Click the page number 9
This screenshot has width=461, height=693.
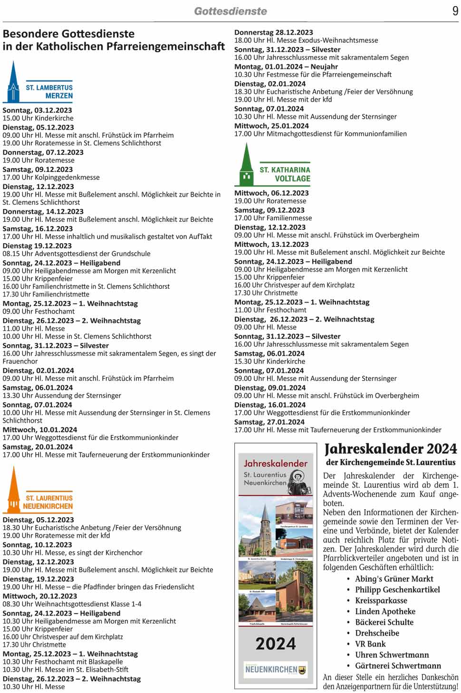[455, 11]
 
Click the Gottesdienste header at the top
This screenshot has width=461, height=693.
[230, 11]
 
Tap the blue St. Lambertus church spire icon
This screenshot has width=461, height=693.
[13, 82]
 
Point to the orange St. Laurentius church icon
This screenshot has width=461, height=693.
[14, 490]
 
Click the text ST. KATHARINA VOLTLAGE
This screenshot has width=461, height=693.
[285, 174]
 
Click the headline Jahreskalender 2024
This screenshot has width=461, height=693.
[391, 449]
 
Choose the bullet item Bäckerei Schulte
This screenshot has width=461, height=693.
[384, 622]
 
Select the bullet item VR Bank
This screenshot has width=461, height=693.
[370, 644]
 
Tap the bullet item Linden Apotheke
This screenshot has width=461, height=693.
[385, 611]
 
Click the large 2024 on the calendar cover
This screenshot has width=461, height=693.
[276, 644]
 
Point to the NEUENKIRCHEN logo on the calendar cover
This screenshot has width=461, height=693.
[276, 669]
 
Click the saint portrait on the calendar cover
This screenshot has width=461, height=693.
[298, 482]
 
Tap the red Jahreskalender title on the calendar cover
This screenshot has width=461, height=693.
[276, 463]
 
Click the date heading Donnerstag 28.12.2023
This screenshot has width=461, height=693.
[273, 32]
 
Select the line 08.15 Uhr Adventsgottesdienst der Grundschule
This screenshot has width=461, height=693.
[77, 254]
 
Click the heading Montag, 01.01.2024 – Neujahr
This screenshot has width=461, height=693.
[286, 66]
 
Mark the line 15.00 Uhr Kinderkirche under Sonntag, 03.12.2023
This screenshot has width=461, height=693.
[38, 118]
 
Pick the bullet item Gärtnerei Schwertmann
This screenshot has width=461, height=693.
[398, 666]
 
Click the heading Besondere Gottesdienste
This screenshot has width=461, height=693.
[68, 34]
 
